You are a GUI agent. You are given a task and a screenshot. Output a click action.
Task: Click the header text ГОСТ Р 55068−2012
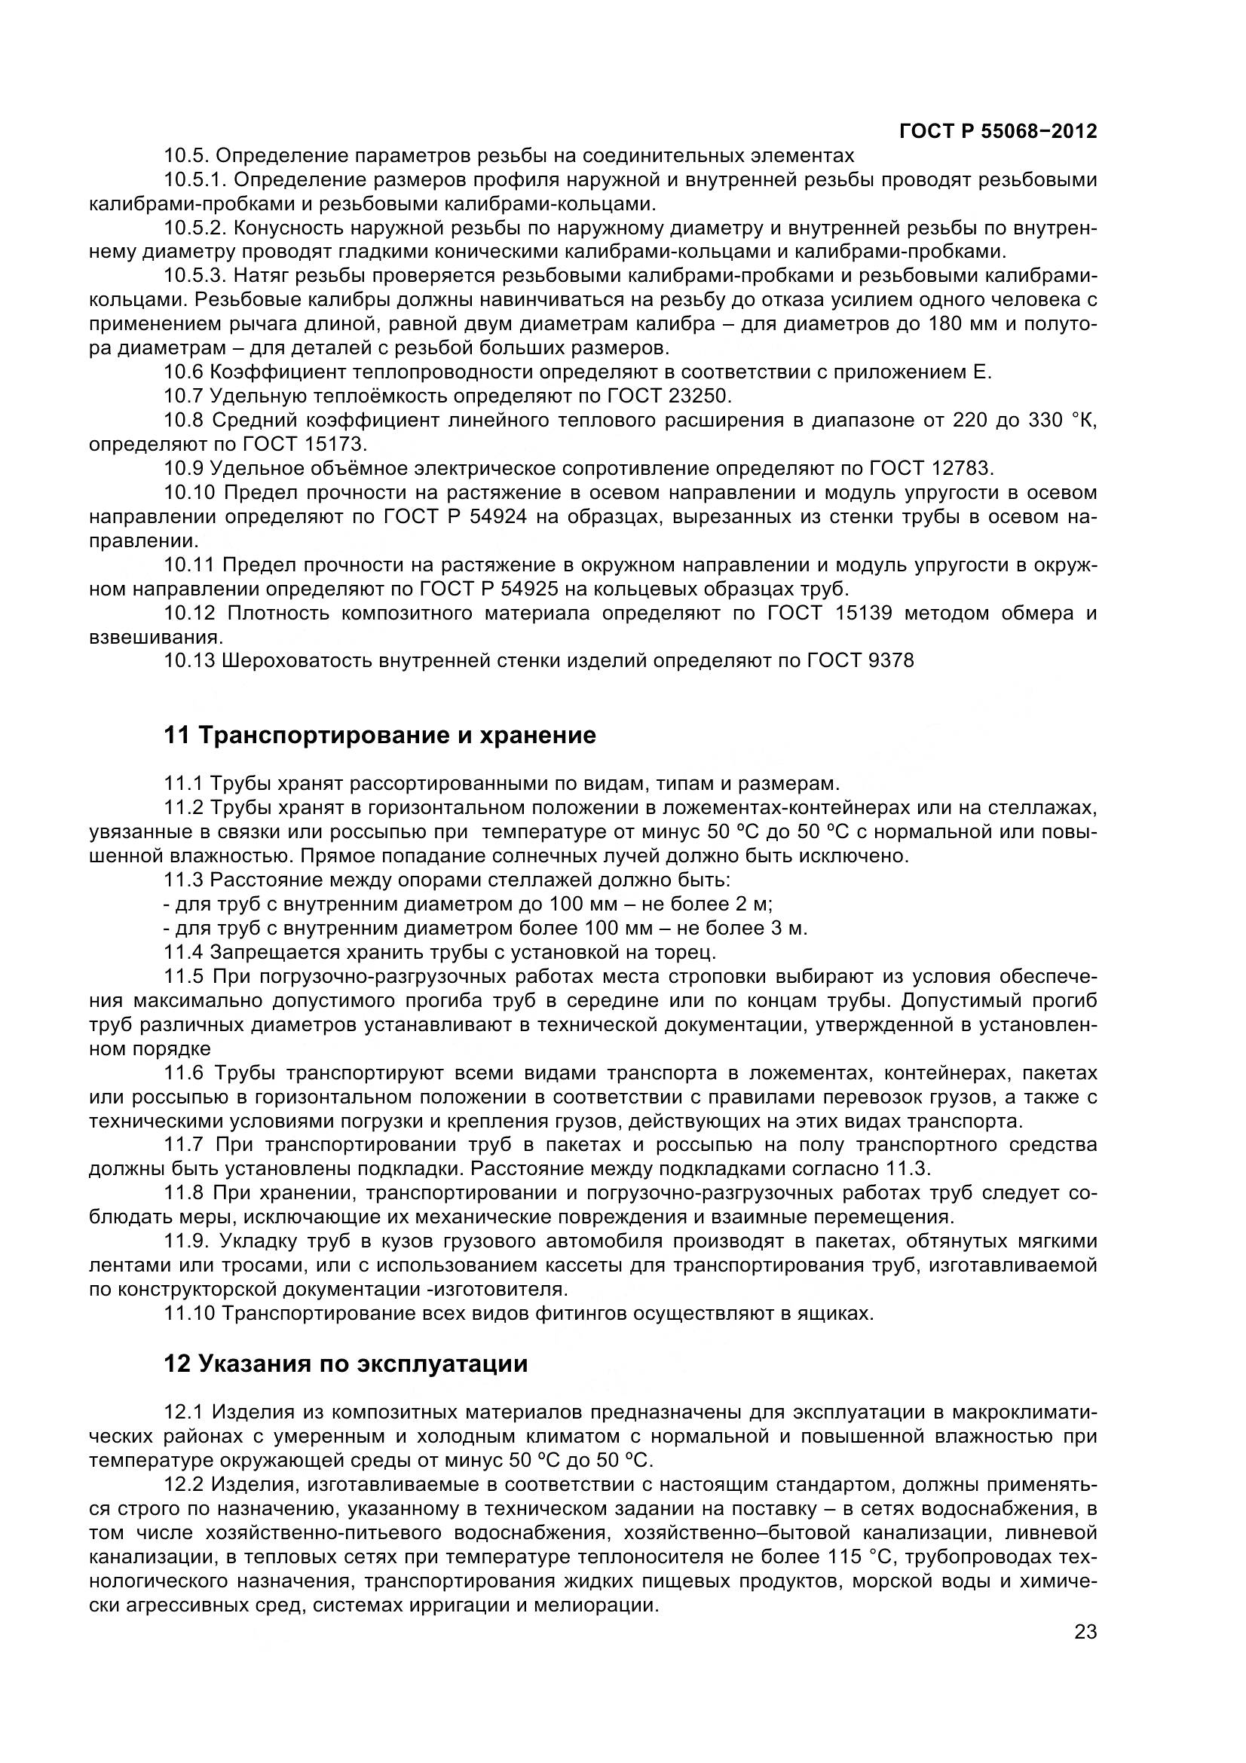tap(997, 131)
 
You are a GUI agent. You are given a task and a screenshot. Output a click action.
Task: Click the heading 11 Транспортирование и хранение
tap(379, 735)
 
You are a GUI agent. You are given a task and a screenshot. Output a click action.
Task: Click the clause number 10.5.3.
tap(195, 276)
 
